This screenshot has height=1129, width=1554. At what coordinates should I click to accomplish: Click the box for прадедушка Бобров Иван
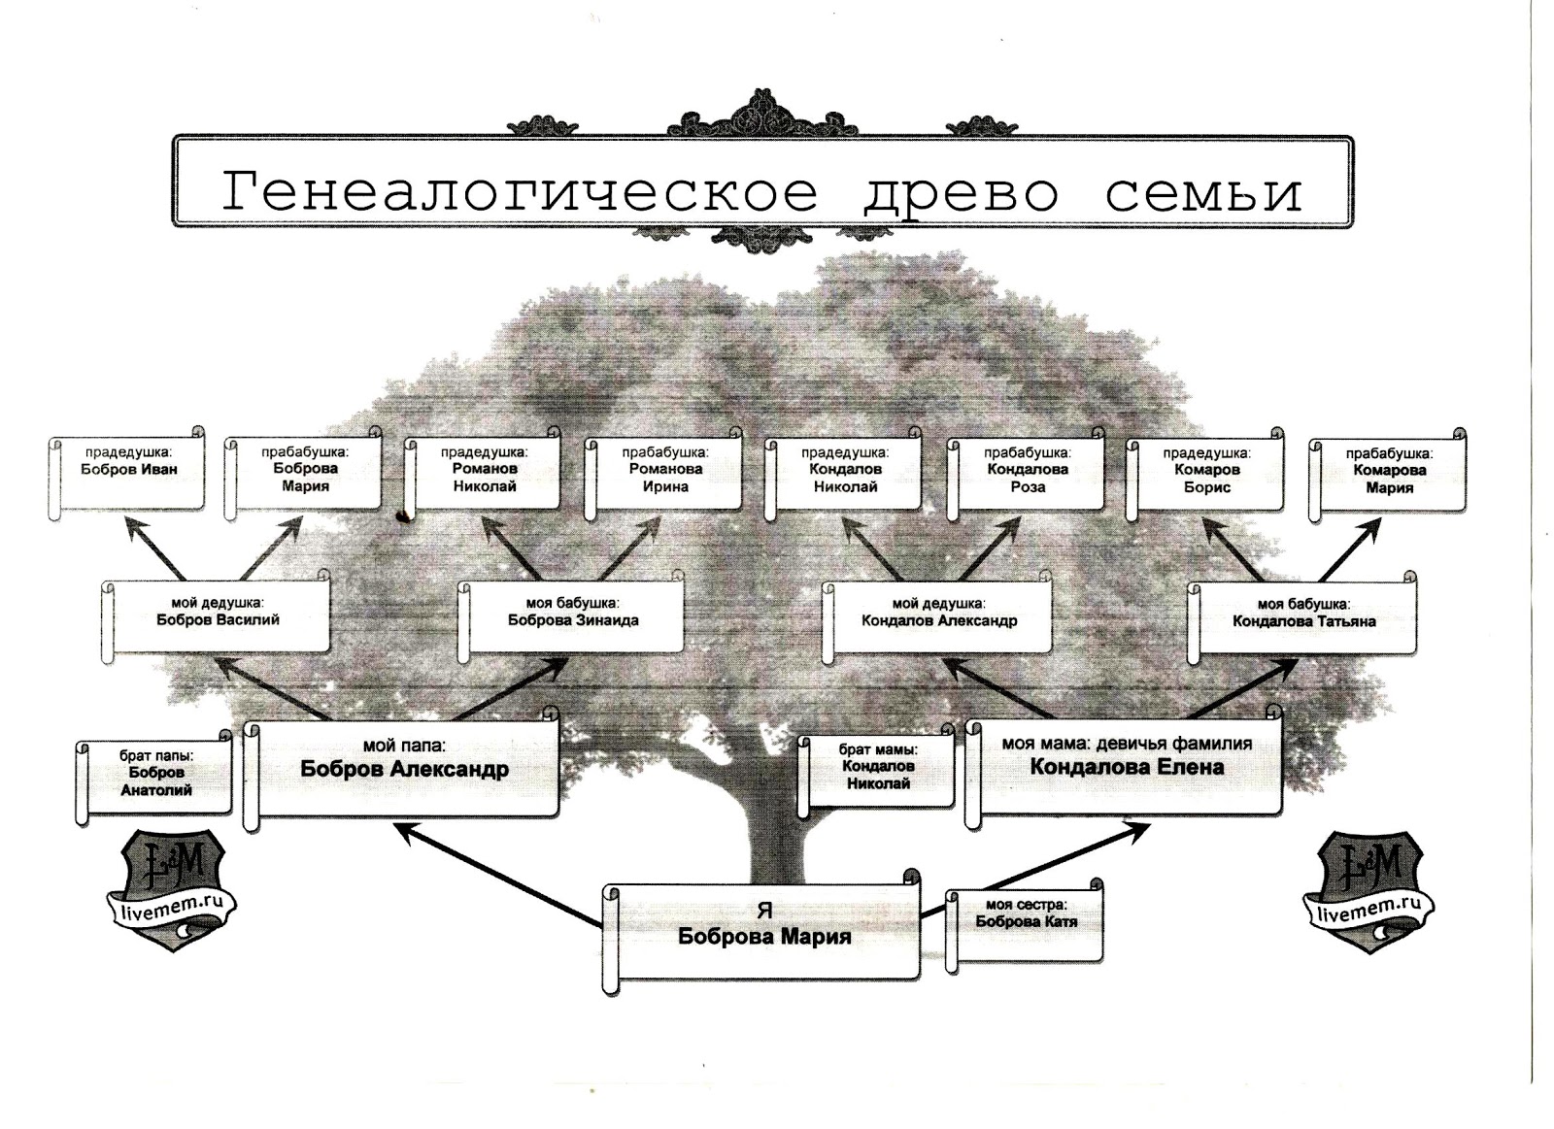(x=128, y=474)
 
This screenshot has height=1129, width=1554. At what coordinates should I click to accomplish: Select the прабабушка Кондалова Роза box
(x=1027, y=474)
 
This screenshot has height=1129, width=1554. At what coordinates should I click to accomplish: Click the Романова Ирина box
(x=665, y=474)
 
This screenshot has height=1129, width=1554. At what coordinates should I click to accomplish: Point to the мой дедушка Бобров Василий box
(x=218, y=615)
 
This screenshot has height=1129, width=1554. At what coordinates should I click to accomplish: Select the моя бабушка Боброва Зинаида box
(x=573, y=615)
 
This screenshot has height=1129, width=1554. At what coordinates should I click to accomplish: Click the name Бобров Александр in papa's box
(x=404, y=770)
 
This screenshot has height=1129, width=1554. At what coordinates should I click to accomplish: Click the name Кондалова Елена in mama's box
(x=1127, y=767)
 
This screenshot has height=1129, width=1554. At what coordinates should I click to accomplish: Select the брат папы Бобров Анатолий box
(x=155, y=777)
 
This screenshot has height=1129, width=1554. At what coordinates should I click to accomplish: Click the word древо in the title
(x=960, y=191)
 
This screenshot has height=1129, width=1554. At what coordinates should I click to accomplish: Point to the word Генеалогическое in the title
(x=520, y=191)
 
